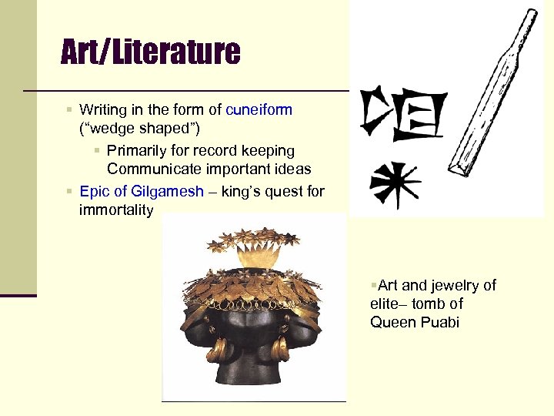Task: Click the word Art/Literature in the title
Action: pyautogui.click(x=151, y=52)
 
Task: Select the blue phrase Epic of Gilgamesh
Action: pyautogui.click(x=142, y=191)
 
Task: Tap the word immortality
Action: pyautogui.click(x=116, y=210)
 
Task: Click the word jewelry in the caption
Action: pyautogui.click(x=456, y=286)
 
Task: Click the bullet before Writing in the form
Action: pyautogui.click(x=70, y=109)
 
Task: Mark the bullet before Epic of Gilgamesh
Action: pyautogui.click(x=70, y=191)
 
